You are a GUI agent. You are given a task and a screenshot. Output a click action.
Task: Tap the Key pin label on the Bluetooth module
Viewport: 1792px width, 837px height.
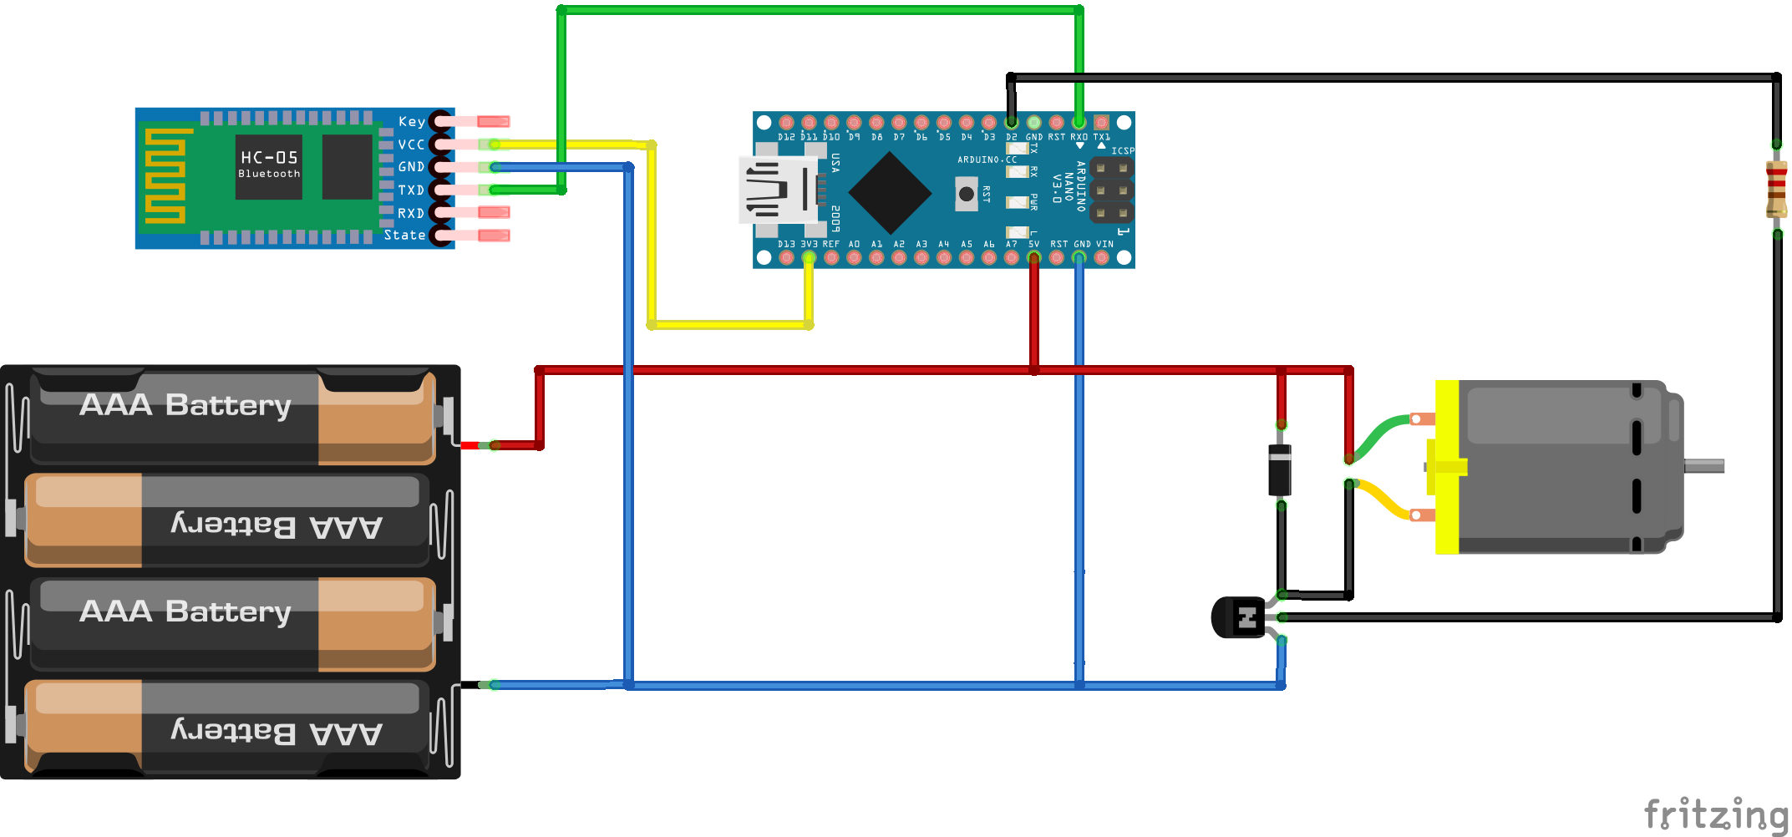click(x=411, y=122)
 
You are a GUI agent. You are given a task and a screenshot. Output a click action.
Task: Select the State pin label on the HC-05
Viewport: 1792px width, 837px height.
click(x=404, y=236)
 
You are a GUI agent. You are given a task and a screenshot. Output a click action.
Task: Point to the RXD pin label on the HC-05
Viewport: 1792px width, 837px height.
click(x=410, y=213)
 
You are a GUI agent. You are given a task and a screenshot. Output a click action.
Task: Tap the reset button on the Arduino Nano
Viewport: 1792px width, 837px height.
click(x=966, y=194)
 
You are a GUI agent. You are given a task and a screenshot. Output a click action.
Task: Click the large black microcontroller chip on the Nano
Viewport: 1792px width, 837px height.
click(x=890, y=193)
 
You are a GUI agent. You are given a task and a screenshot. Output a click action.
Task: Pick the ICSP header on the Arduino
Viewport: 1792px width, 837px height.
click(x=1111, y=190)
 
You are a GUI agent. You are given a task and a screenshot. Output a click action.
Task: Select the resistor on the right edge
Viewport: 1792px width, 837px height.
click(x=1776, y=189)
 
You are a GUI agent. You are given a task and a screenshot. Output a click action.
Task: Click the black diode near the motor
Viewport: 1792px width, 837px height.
click(x=1280, y=469)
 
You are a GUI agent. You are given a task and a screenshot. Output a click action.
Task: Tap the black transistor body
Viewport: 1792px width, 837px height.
click(x=1237, y=617)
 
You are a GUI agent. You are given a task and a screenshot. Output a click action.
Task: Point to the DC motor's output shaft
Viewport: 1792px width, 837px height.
click(x=1703, y=465)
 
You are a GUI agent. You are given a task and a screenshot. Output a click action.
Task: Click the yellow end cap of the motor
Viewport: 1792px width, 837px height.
click(x=1447, y=467)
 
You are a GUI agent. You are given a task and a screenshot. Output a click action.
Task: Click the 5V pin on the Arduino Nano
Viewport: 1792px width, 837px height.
click(x=1033, y=257)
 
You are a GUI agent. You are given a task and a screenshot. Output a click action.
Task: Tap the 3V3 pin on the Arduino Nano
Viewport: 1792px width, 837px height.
click(x=809, y=257)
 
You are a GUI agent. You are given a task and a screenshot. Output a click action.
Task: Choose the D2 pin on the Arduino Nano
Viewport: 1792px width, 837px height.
click(x=1011, y=123)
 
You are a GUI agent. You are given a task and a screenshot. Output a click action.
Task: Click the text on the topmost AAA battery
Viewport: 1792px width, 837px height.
click(x=185, y=405)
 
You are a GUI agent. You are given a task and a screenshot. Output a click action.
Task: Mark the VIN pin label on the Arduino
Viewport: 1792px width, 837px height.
click(x=1104, y=245)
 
